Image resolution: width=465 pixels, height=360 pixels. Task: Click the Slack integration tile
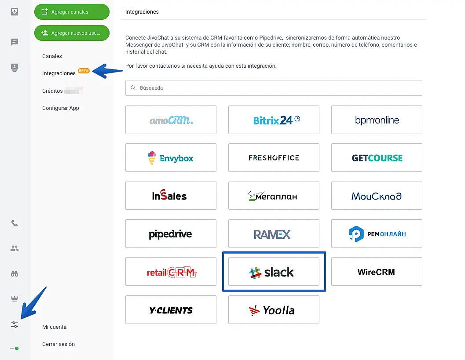click(x=274, y=272)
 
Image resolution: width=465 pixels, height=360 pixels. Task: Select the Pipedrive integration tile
click(x=171, y=234)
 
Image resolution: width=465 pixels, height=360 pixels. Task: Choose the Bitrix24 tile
click(x=274, y=120)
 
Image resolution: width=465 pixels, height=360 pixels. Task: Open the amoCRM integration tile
click(x=171, y=120)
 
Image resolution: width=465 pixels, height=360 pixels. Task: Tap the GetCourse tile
click(x=377, y=158)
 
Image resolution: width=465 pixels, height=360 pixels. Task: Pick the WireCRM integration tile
click(x=377, y=272)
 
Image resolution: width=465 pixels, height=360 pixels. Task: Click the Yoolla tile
click(x=274, y=310)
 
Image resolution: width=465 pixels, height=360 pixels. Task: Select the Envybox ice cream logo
click(x=152, y=158)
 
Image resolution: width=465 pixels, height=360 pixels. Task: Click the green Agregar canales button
click(x=72, y=12)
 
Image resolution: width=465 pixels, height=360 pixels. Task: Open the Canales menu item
click(x=52, y=56)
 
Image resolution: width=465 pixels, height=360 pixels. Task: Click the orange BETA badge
click(x=84, y=71)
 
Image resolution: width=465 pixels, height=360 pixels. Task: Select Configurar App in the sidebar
click(x=61, y=108)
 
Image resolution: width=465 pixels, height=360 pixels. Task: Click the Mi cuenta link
click(x=55, y=327)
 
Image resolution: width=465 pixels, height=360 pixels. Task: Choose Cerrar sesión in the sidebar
click(x=59, y=344)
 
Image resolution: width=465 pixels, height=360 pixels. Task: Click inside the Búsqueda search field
click(x=274, y=88)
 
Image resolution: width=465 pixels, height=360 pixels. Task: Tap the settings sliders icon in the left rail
click(x=15, y=325)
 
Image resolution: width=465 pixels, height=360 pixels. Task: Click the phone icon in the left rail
click(x=15, y=223)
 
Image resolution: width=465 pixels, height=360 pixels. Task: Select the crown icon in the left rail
click(x=15, y=299)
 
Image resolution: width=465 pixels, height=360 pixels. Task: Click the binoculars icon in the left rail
click(x=15, y=274)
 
